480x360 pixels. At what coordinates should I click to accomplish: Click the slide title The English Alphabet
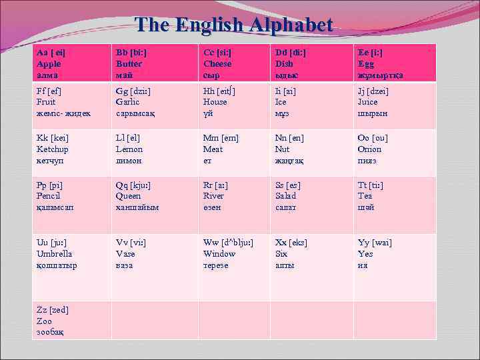coord(233,25)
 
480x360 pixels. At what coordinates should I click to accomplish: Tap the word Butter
coord(129,64)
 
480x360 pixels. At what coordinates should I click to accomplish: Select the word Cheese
coord(217,64)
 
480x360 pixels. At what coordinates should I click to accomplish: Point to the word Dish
coord(283,64)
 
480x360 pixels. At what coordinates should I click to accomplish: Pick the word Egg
coord(366,64)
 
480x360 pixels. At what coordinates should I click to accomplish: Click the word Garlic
coord(129,102)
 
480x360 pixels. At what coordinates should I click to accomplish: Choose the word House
coord(215,102)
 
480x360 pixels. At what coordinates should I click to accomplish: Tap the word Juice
coord(367,102)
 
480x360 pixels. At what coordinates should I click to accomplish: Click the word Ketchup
coord(53,149)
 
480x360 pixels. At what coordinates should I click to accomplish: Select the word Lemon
coord(129,149)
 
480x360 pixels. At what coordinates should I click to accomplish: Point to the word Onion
coord(369,149)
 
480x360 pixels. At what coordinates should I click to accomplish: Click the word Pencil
coord(51,196)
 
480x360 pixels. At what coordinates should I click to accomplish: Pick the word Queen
coord(129,196)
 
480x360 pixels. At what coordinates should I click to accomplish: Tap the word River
coord(214,196)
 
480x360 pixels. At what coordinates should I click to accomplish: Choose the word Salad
coord(285,196)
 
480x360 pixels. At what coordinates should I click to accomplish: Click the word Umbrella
coord(56,254)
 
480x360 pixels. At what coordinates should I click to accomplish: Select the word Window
coord(219,254)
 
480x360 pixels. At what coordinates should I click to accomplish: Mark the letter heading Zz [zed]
coord(53,310)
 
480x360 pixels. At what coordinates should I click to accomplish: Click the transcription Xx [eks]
coord(291,243)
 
